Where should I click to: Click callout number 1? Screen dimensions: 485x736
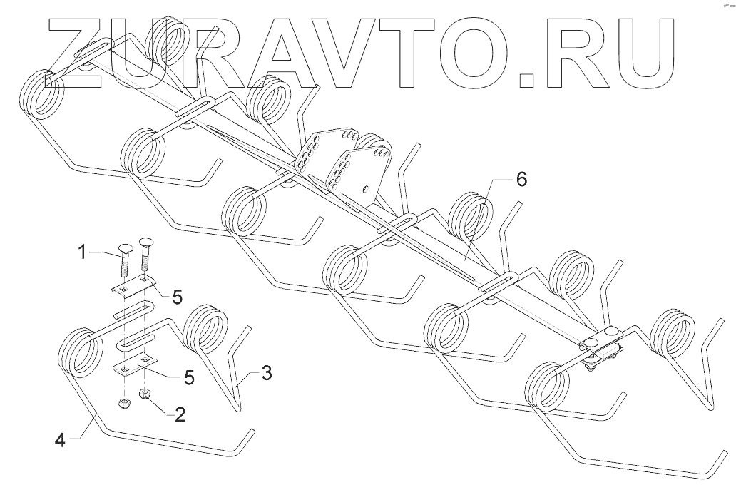[83, 251]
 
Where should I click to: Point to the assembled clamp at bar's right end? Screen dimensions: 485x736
[601, 345]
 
